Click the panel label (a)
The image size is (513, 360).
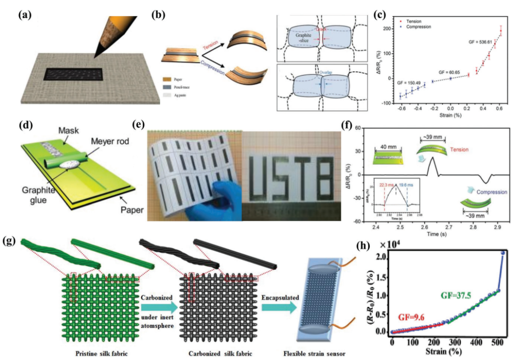(x=25, y=15)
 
